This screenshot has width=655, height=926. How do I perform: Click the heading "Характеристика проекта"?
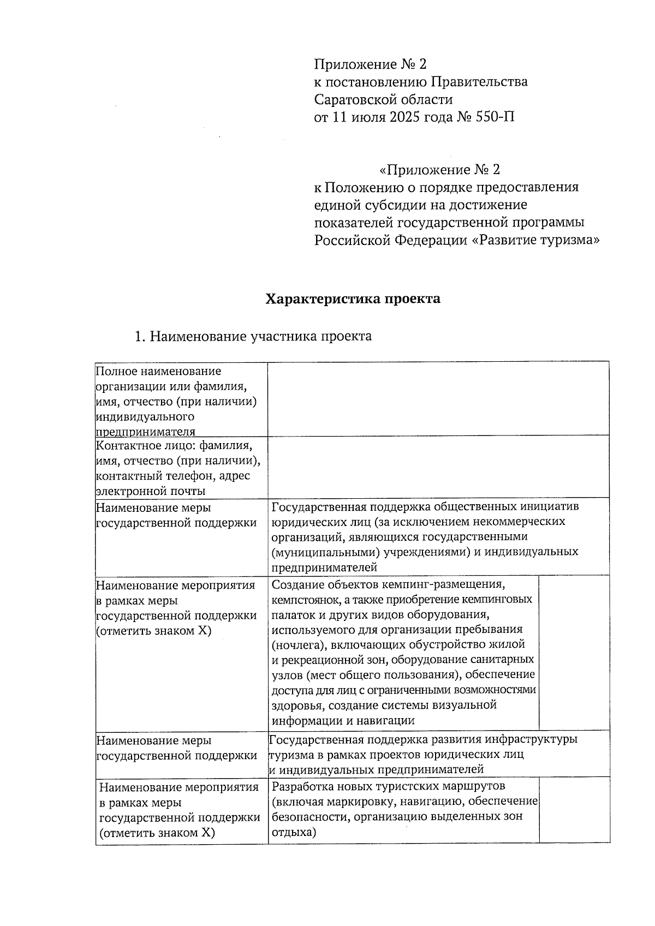click(x=353, y=299)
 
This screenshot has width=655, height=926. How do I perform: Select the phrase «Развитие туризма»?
click(x=535, y=240)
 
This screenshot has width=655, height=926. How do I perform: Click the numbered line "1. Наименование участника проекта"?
click(x=253, y=336)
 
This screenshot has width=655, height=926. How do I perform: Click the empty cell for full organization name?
click(x=438, y=398)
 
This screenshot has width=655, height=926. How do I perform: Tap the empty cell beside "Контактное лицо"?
click(x=438, y=467)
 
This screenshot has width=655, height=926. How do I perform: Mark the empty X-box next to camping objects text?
click(x=574, y=652)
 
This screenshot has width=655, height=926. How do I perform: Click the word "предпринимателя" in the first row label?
click(x=145, y=432)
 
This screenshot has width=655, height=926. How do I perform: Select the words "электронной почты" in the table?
click(x=151, y=491)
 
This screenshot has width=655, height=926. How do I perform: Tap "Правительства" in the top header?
click(x=480, y=82)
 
